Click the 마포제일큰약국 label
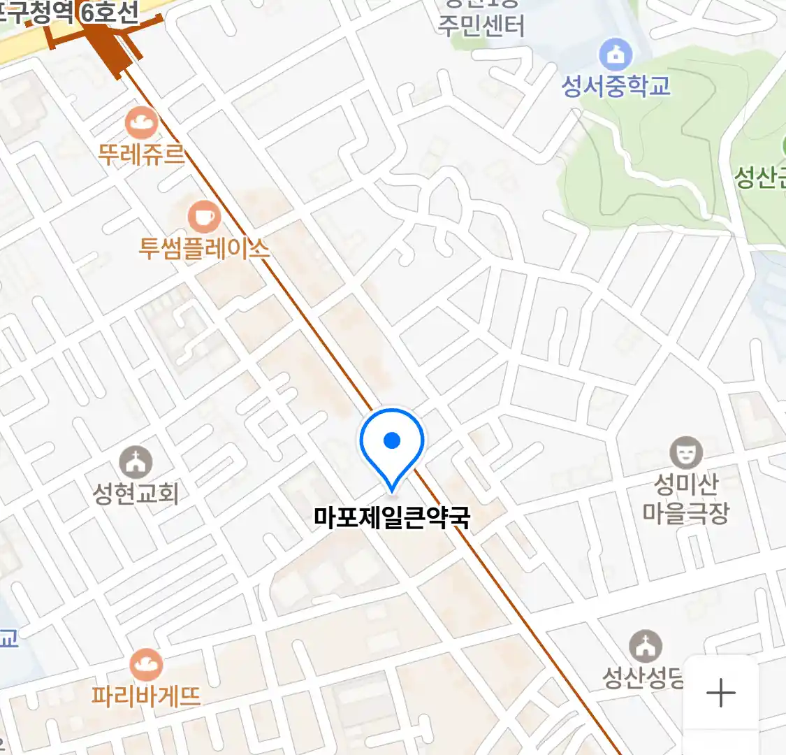click(x=392, y=518)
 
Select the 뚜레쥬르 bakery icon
click(x=141, y=124)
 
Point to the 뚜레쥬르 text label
click(x=141, y=154)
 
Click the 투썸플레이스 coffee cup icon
click(x=204, y=217)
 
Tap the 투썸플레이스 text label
click(x=204, y=248)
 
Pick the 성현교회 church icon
click(x=136, y=462)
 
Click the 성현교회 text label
click(x=136, y=494)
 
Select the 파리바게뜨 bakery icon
click(x=146, y=665)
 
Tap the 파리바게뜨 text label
click(x=146, y=696)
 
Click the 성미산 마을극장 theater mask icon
click(x=686, y=452)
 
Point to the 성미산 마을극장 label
click(x=686, y=498)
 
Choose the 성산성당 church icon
click(x=646, y=647)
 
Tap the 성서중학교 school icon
click(x=616, y=55)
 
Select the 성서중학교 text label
click(x=616, y=86)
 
